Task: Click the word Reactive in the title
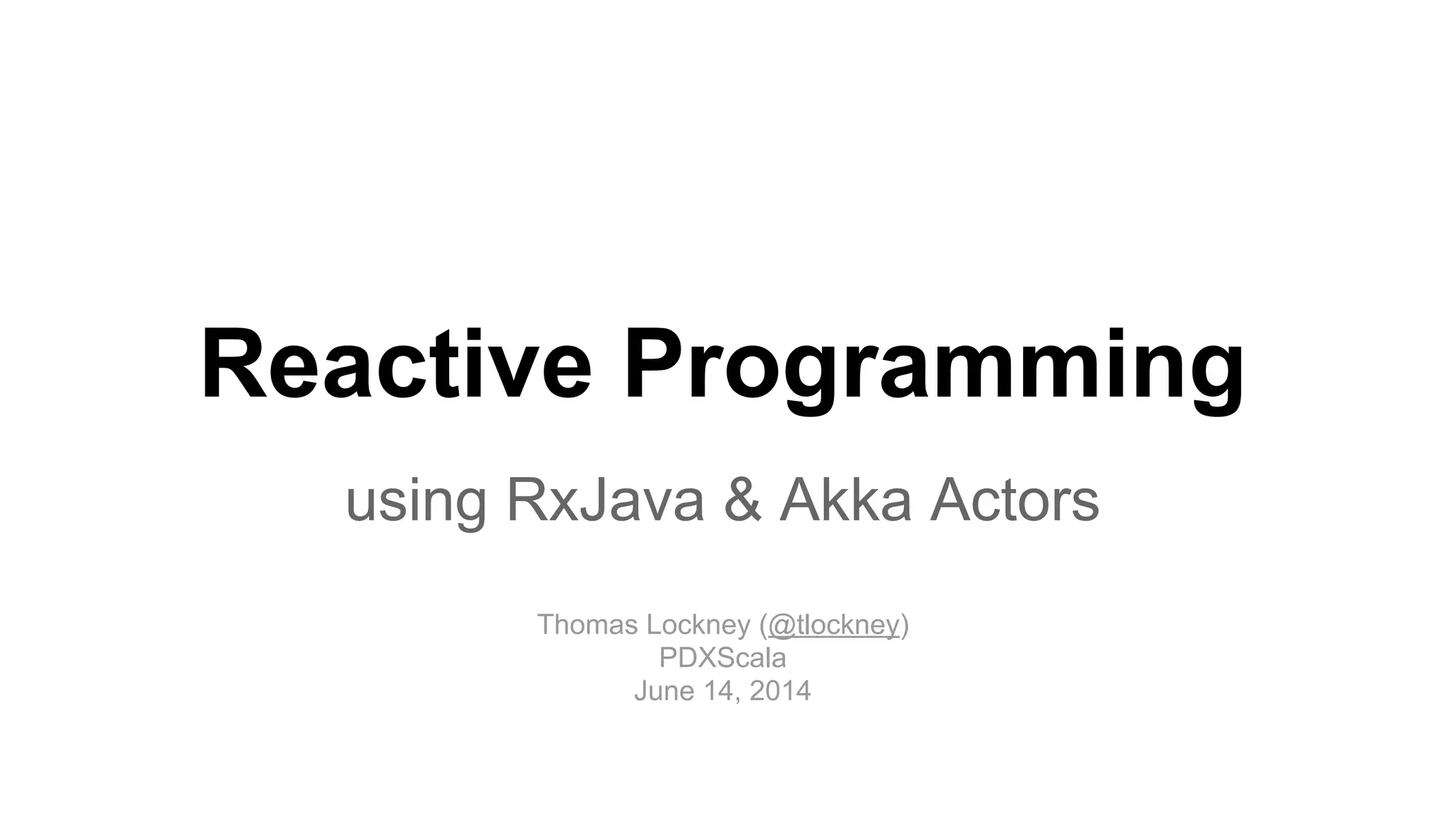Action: point(396,367)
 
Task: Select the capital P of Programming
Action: point(660,366)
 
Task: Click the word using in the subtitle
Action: point(416,502)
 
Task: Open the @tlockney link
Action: point(833,625)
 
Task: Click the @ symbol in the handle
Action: point(782,625)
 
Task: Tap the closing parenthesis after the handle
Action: point(905,625)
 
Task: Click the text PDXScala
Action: point(722,658)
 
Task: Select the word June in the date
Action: point(664,690)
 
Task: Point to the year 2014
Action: point(780,690)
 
